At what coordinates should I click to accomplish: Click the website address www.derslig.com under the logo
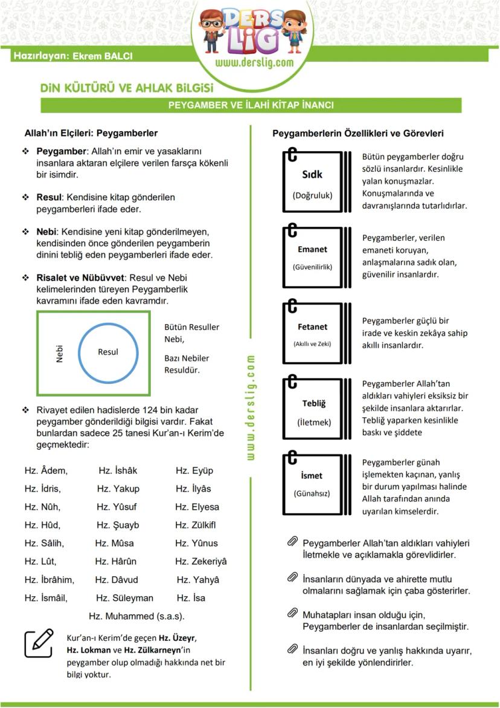[x=254, y=62]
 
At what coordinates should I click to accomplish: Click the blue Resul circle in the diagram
[x=108, y=351]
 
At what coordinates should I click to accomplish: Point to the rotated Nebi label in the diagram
[x=59, y=354]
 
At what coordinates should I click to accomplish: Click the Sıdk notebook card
[x=312, y=181]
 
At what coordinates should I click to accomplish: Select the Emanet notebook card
[x=312, y=256]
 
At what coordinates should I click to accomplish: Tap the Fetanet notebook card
[x=312, y=333]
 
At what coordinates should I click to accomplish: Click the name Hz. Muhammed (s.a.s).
[x=136, y=616]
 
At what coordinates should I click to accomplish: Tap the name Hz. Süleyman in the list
[x=125, y=598]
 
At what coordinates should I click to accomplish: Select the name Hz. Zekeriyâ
[x=201, y=562]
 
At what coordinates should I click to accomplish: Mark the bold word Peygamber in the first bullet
[x=62, y=151]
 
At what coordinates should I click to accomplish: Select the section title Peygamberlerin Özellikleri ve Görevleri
[x=358, y=132]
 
